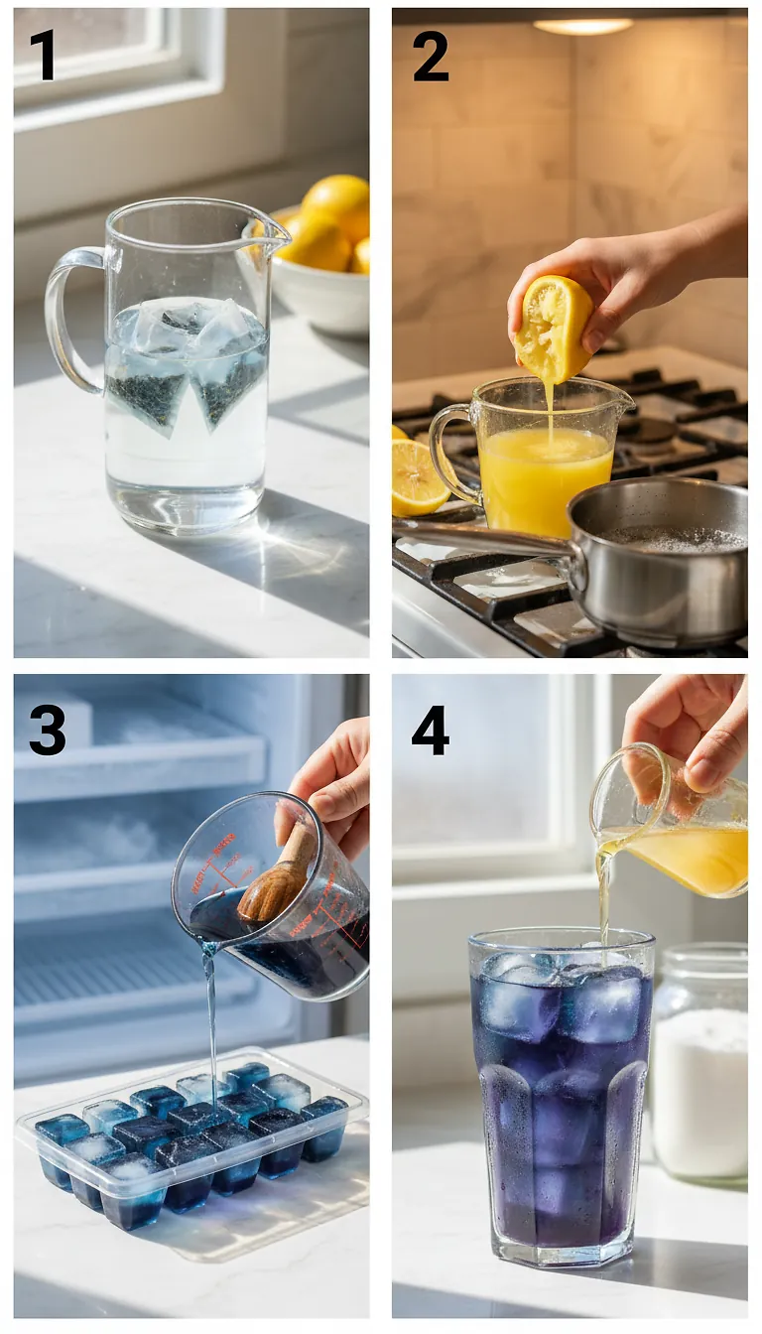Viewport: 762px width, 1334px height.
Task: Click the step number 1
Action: click(x=42, y=56)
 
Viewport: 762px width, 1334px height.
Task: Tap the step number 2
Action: click(x=430, y=56)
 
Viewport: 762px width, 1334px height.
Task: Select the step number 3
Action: click(x=47, y=730)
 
